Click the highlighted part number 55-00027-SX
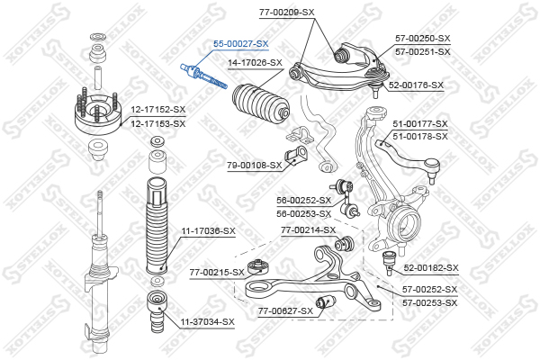[x=240, y=42]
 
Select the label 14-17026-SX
[x=255, y=63]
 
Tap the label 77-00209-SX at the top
[x=287, y=12]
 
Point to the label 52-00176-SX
[x=416, y=85]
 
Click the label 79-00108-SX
[x=254, y=165]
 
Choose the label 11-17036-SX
[x=208, y=231]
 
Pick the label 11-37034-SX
[x=206, y=321]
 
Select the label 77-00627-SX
[x=285, y=310]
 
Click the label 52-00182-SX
[x=430, y=268]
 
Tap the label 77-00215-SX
[x=217, y=272]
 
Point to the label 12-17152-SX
[x=157, y=110]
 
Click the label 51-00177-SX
[x=419, y=123]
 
